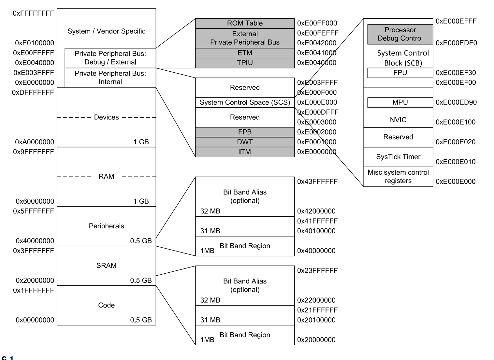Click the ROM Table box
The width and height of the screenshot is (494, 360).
pos(245,23)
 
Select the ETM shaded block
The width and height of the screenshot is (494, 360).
pos(245,53)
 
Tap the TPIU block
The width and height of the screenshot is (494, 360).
pos(245,63)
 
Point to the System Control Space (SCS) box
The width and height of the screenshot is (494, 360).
pos(245,102)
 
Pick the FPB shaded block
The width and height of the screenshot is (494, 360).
pos(245,132)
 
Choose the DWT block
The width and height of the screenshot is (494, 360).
pos(245,142)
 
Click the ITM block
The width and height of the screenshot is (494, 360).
pos(245,152)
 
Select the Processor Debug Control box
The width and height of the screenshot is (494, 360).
pos(400,34)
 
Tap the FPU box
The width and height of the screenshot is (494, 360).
pos(400,73)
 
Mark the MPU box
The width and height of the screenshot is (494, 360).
pos(400,102)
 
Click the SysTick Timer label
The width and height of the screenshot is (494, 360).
pos(398,157)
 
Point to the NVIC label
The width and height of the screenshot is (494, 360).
pos(398,120)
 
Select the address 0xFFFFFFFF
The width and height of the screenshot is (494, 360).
pos(33,13)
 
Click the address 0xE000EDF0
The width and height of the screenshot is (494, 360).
pos(456,43)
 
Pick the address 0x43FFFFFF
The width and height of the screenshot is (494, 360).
pos(317,181)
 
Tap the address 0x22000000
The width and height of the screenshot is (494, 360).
pos(316,300)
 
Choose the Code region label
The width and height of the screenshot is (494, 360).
pos(106,305)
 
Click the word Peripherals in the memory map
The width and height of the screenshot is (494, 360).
pos(106,226)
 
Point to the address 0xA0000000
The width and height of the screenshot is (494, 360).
pos(35,142)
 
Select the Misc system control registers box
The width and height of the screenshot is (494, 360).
pos(398,177)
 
